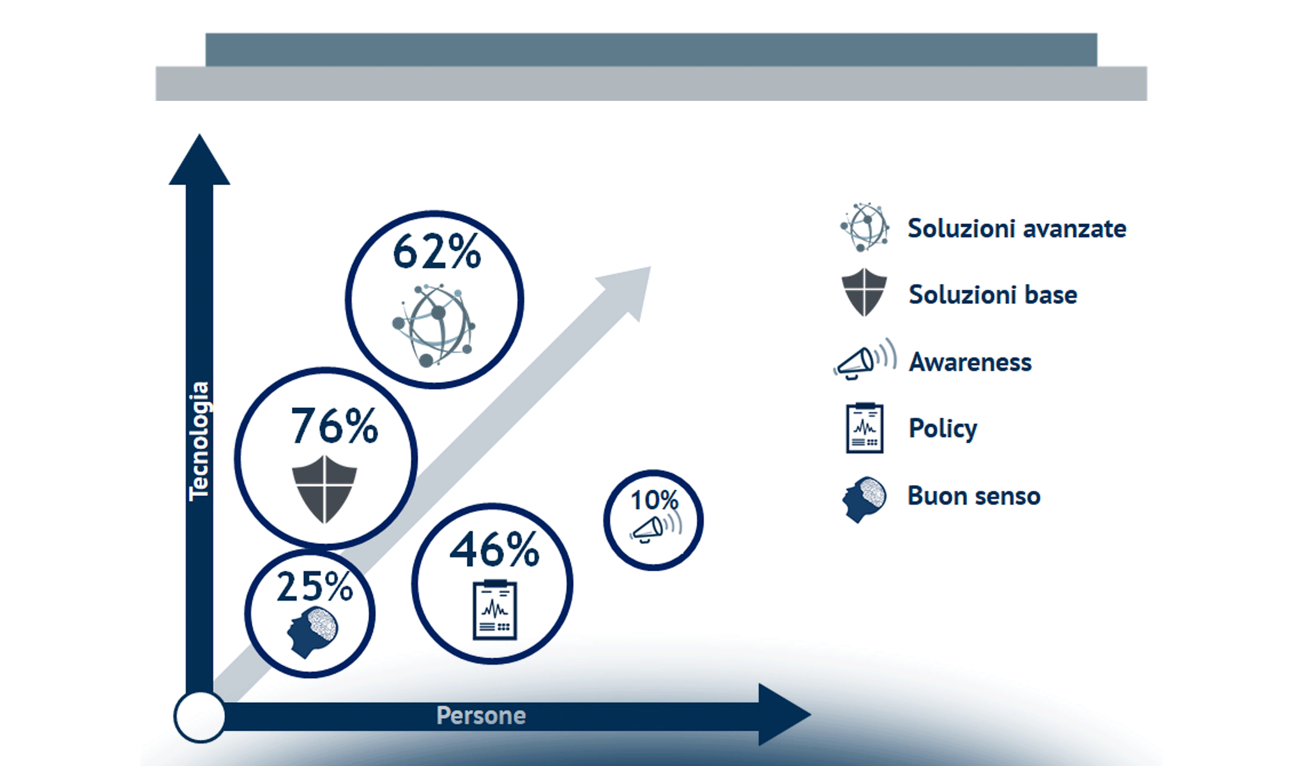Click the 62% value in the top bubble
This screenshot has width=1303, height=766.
pyautogui.click(x=436, y=252)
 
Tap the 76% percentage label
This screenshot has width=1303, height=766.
pyautogui.click(x=334, y=426)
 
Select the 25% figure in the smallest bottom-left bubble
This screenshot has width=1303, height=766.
pyautogui.click(x=314, y=587)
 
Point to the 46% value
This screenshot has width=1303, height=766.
pyautogui.click(x=494, y=550)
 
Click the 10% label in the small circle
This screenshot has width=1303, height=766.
pyautogui.click(x=654, y=500)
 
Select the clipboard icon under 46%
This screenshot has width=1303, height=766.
pyautogui.click(x=494, y=610)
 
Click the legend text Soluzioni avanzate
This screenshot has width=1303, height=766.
pyautogui.click(x=1016, y=229)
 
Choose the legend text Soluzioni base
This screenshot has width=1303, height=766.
pyautogui.click(x=993, y=295)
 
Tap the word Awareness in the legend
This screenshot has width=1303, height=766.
pyautogui.click(x=970, y=363)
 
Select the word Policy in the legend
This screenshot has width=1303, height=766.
pyautogui.click(x=942, y=428)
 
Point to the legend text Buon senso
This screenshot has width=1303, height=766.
pyautogui.click(x=973, y=496)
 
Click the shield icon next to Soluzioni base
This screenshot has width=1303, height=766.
pyautogui.click(x=864, y=292)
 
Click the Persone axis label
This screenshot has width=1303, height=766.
pyautogui.click(x=481, y=716)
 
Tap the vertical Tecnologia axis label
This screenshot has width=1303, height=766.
pyautogui.click(x=199, y=440)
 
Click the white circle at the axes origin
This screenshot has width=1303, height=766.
pyautogui.click(x=200, y=716)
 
